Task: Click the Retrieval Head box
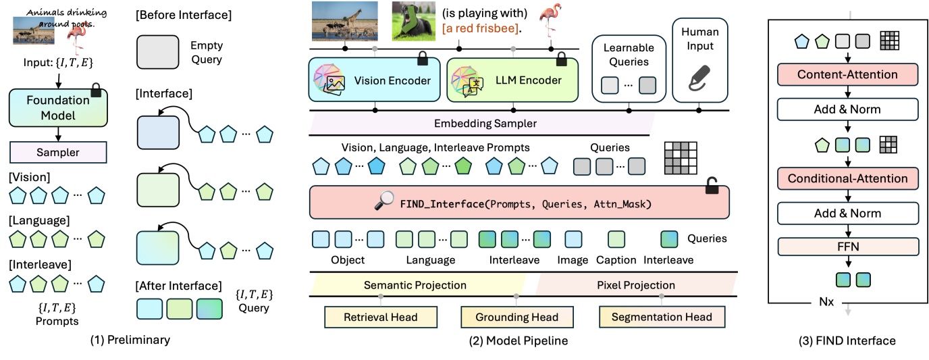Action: [381, 317]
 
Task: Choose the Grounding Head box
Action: [517, 317]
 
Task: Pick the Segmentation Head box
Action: [661, 317]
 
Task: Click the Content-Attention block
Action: [847, 75]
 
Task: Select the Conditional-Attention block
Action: [847, 179]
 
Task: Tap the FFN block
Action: [847, 247]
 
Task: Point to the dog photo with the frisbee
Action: [412, 20]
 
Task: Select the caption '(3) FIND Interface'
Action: [847, 341]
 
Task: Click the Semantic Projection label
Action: [415, 285]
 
